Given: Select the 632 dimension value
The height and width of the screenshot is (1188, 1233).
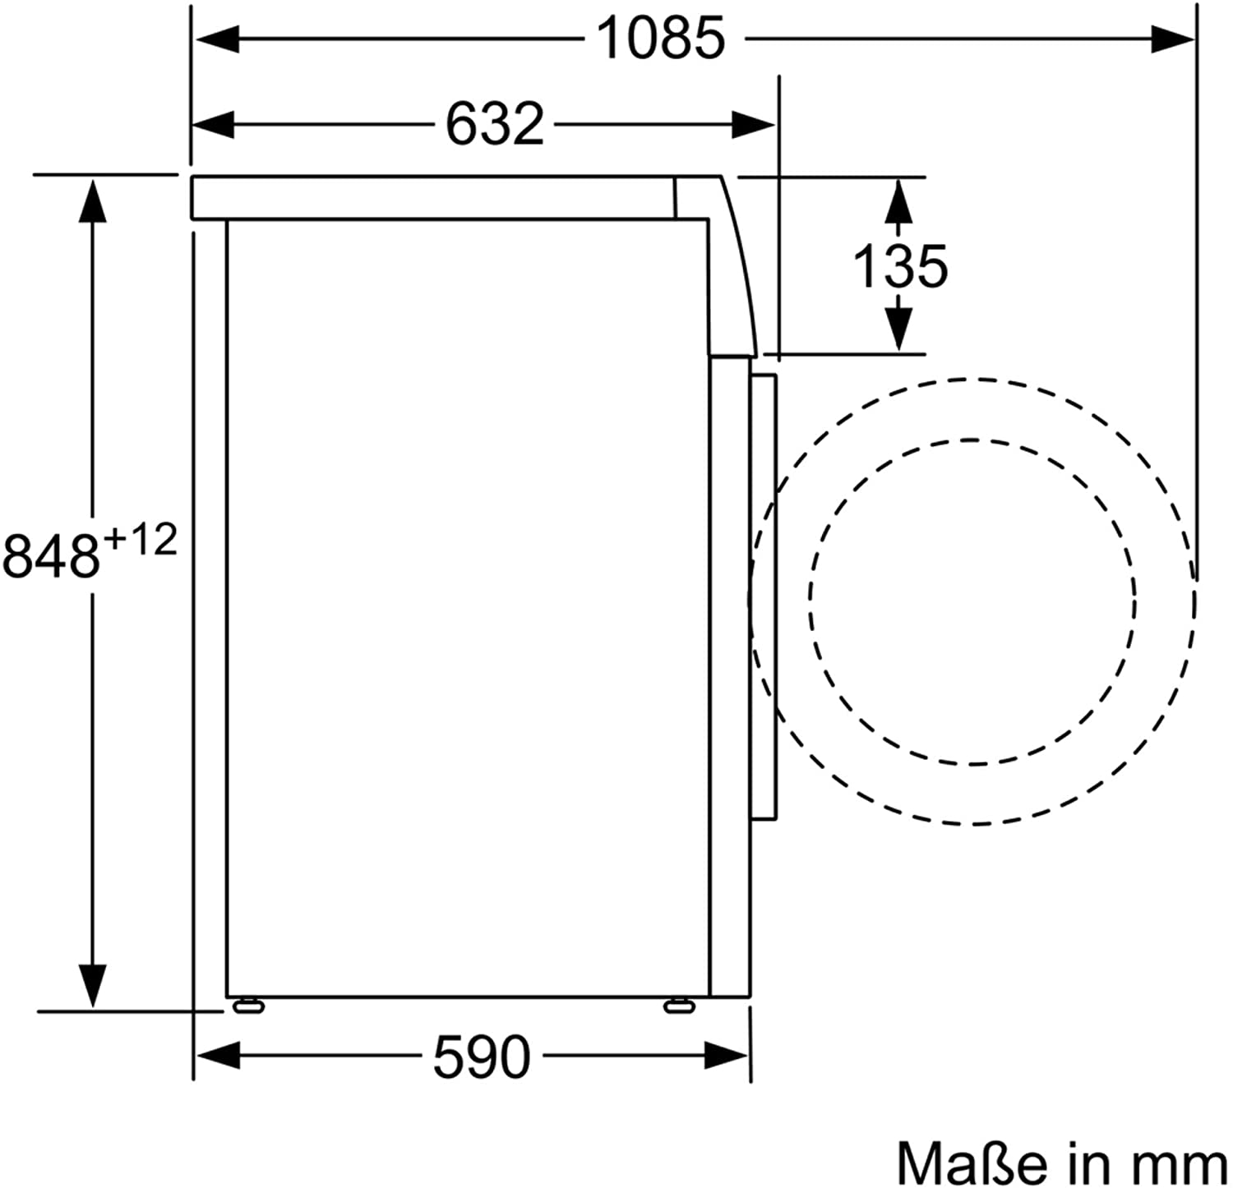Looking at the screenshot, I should pos(495,124).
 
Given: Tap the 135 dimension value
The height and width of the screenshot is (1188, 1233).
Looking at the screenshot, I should pos(900,265).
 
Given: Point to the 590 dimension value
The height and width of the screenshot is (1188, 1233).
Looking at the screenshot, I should pos(482,1057).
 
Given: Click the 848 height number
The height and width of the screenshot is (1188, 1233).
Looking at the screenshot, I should pos(51,555).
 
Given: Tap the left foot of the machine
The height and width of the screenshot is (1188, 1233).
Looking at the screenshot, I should pos(247,1005).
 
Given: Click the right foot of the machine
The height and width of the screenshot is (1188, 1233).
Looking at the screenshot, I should pos(679,1005).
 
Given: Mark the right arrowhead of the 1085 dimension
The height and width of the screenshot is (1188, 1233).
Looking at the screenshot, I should pos(1171,39).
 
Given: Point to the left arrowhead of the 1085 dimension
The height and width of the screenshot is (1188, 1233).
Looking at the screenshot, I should pos(215,39).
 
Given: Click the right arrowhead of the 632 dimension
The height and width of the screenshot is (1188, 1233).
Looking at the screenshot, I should pos(752,125).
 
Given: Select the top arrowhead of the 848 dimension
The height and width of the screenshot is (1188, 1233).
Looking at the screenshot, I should pos(92,201).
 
